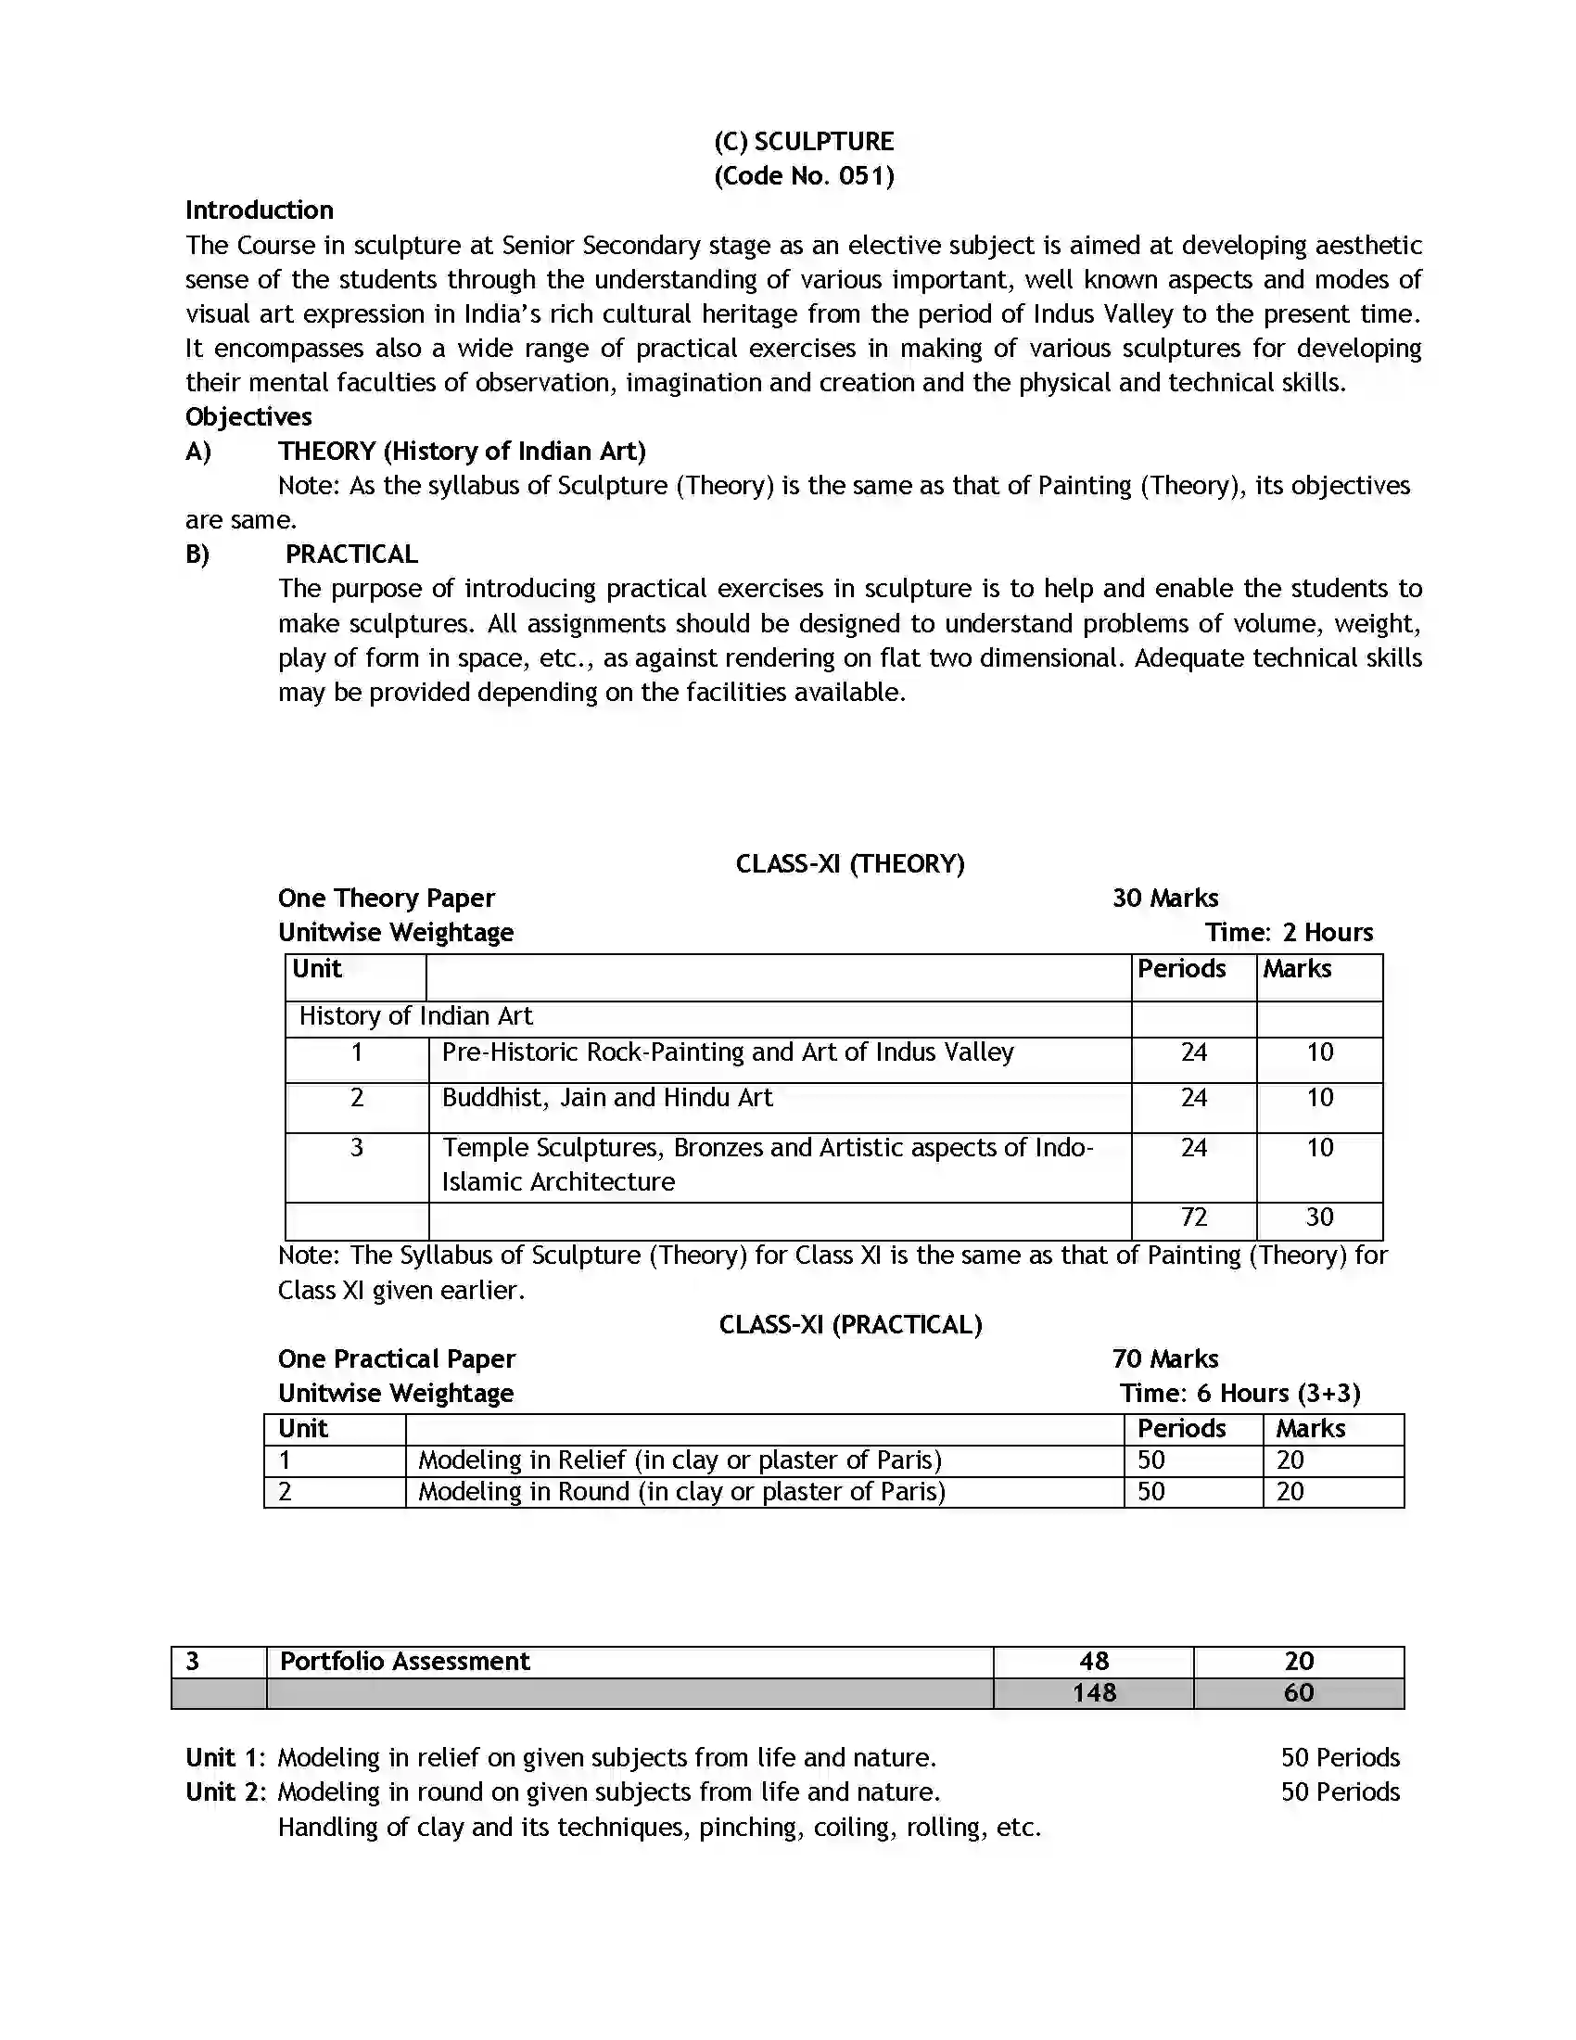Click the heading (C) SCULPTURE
pos(803,141)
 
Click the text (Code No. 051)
pos(803,175)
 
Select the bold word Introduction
pos(259,210)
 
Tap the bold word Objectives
pos(248,416)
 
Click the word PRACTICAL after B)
pos(351,554)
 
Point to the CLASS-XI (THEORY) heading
pos(849,863)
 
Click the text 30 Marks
pos(1164,898)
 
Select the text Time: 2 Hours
pos(1289,932)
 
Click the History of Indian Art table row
pos(415,1016)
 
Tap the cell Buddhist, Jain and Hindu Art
pos(607,1098)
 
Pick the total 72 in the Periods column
pos(1193,1218)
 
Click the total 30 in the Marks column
pos(1319,1218)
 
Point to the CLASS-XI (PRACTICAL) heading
pos(849,1324)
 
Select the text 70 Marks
pos(1164,1359)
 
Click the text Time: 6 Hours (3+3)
pos(1239,1394)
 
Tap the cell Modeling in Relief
pos(679,1460)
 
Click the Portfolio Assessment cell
pos(405,1661)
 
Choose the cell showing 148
pos(1093,1692)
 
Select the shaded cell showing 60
pos(1298,1692)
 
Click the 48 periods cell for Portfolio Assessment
pos(1093,1661)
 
